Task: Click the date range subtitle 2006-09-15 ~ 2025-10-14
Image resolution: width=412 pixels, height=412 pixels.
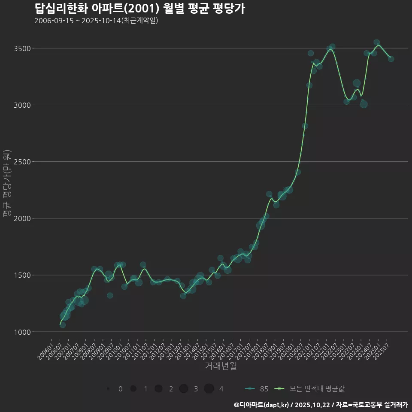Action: [96, 21]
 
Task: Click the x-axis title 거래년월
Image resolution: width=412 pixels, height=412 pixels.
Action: [221, 366]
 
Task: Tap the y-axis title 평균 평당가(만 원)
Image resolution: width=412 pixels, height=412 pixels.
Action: [7, 184]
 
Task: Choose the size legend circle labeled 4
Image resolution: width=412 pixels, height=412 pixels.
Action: [209, 389]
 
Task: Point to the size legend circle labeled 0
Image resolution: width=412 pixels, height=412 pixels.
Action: [108, 389]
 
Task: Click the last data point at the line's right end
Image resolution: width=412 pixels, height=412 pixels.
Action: [391, 59]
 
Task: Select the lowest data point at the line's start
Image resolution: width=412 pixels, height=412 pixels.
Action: [63, 325]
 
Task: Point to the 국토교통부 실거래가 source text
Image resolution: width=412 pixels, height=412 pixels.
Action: [378, 405]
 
